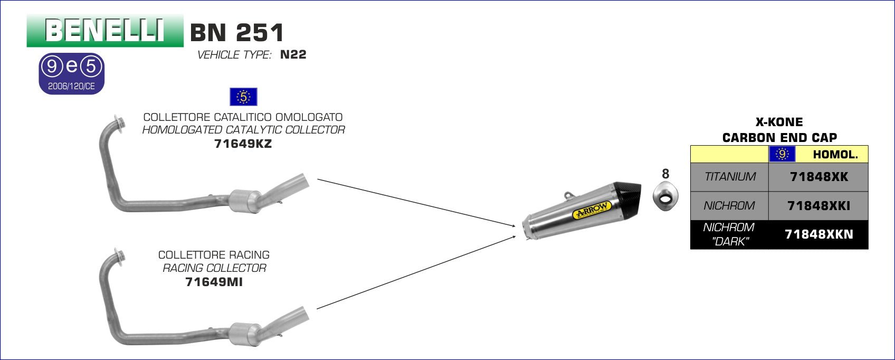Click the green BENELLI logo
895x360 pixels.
(x=104, y=31)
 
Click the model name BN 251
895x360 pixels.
(x=237, y=33)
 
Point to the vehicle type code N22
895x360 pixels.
(x=293, y=54)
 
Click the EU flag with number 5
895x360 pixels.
(x=243, y=97)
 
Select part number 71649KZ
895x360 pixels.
(x=243, y=144)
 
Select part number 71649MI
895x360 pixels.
(x=214, y=282)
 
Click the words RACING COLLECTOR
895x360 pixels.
(x=214, y=268)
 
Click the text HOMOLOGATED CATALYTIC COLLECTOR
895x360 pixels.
(x=243, y=130)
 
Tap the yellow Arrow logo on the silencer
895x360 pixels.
(x=592, y=210)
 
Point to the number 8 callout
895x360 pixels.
(x=665, y=174)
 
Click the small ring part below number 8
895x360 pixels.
(x=665, y=198)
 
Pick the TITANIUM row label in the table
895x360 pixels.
(x=730, y=177)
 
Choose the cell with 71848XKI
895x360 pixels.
(x=818, y=206)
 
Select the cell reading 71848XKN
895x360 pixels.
(x=818, y=234)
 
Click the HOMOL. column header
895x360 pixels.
(x=835, y=155)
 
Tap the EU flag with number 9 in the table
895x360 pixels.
(x=782, y=154)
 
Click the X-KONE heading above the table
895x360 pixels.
(x=779, y=122)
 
